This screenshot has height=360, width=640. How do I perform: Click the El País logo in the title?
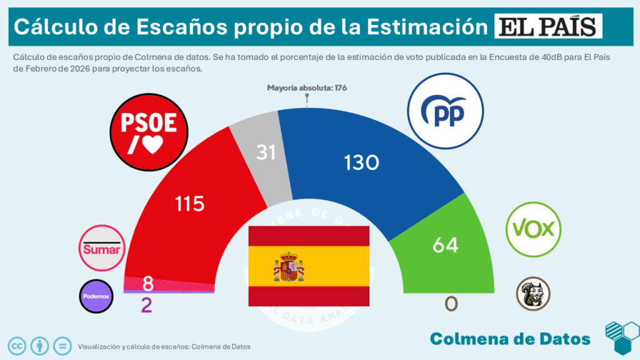[549, 27]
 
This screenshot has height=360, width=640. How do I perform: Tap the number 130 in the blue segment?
[361, 162]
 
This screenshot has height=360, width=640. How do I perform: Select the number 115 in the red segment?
[190, 203]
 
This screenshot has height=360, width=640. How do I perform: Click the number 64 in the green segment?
[446, 245]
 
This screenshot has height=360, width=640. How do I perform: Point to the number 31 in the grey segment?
[266, 152]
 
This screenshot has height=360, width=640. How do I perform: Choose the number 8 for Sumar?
[148, 284]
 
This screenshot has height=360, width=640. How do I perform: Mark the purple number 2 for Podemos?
[146, 306]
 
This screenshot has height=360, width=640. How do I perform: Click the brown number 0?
[451, 304]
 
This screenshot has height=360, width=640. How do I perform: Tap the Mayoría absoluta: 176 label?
[306, 87]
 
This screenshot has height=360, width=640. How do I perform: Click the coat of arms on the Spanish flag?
[288, 266]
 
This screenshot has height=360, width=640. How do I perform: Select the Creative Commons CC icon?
[17, 345]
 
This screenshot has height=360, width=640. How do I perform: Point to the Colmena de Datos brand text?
[510, 339]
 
